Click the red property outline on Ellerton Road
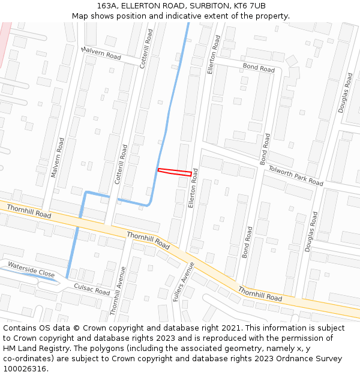pos(175,172)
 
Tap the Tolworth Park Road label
pos(295,175)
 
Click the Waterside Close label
pos(31,269)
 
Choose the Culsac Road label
pos(92,289)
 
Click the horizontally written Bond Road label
pos(259,68)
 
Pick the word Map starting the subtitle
pos(80,16)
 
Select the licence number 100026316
pos(25,369)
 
